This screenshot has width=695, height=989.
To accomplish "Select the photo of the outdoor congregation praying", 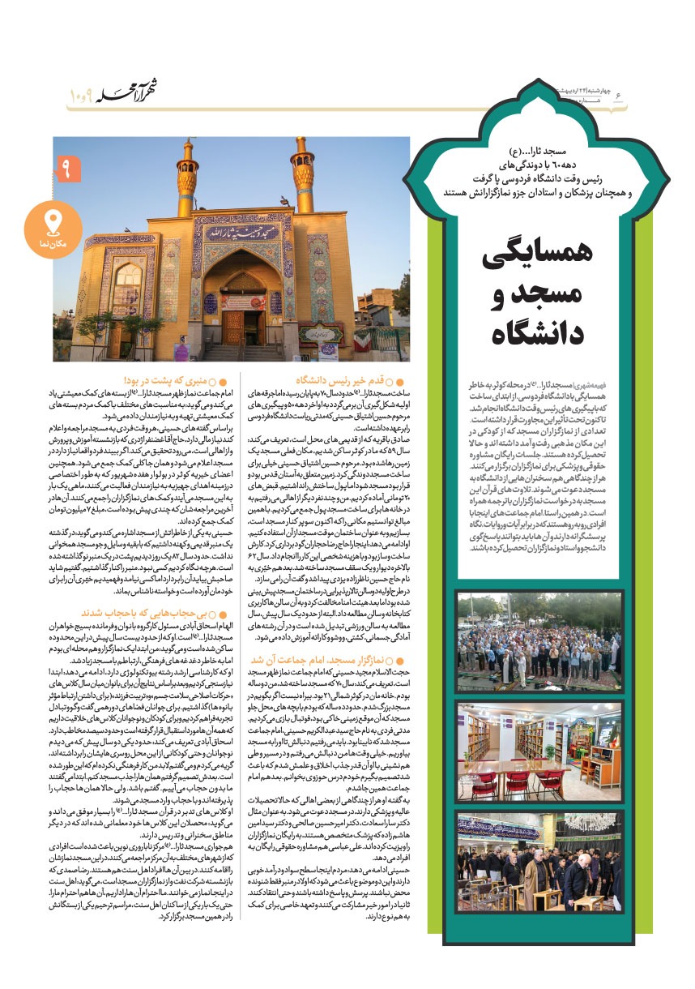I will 527,643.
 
